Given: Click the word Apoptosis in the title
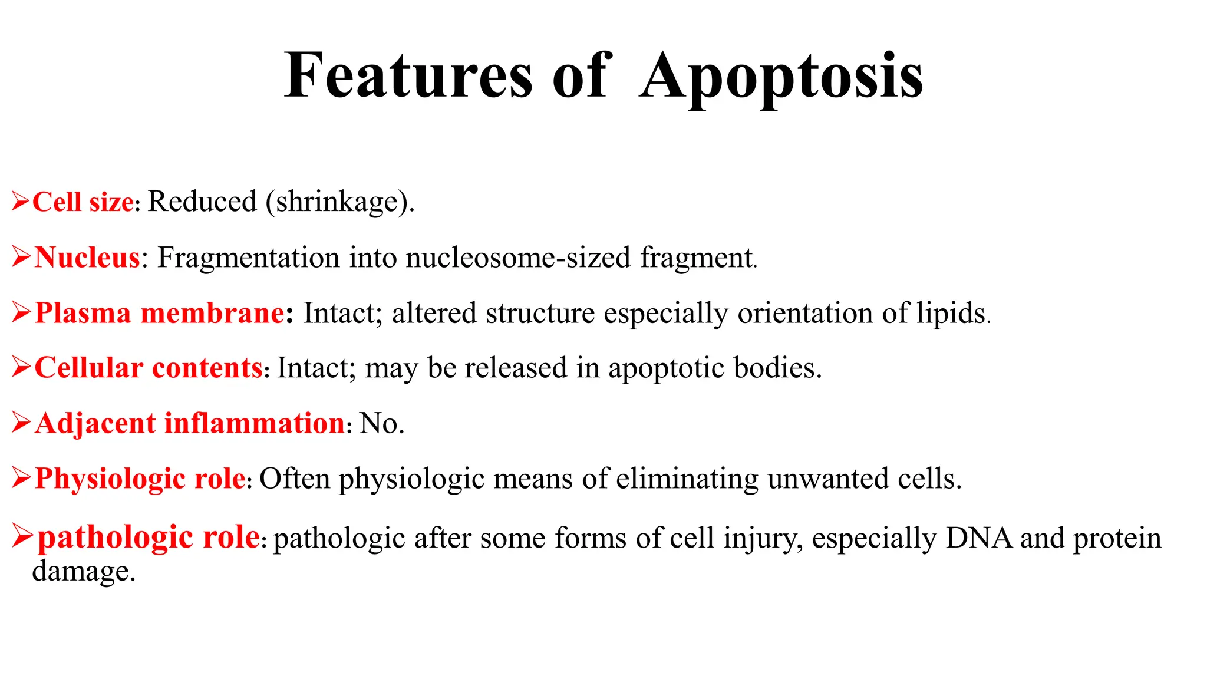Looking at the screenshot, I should pos(781,77).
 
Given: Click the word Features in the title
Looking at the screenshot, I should pos(408,77).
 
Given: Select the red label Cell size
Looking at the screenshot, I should pos(83,202).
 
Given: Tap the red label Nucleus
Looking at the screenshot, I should pos(87,258).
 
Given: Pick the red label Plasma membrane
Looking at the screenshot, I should pos(160,313).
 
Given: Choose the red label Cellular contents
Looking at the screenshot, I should pos(149,368).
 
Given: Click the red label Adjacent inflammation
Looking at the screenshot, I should pos(190,424).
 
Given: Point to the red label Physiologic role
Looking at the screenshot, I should pos(140,479).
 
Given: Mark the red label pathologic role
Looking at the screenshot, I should pos(149,537).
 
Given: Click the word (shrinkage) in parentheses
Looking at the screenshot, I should pos(340,202).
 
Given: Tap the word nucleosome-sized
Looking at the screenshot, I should pos(518,258).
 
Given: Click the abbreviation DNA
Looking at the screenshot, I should pos(978,538).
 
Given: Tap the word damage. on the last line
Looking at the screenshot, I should pos(84,571).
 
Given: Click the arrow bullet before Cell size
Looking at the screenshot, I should pos(20,202).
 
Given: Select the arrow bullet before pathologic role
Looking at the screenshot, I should pos(22,537).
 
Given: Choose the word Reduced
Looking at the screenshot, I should pos(202,202).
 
